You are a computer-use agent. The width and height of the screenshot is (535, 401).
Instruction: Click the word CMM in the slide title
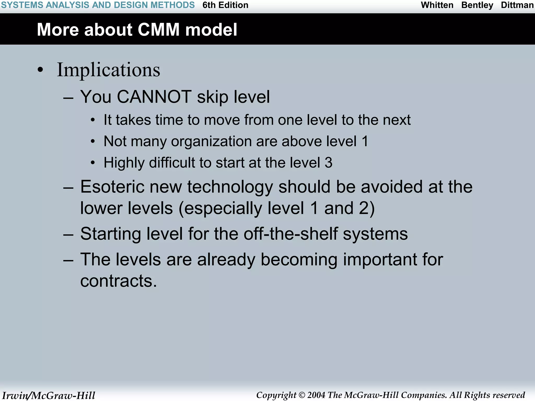(159, 30)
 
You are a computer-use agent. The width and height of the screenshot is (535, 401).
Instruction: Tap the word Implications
(108, 70)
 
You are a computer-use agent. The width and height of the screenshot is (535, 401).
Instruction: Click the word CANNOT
(154, 97)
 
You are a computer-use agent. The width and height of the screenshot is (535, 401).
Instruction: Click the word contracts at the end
(118, 281)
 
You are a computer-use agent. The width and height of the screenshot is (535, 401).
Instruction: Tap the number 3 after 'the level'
(328, 163)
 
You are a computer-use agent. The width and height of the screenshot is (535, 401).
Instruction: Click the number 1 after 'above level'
(365, 141)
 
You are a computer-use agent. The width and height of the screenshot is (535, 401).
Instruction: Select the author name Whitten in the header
(437, 5)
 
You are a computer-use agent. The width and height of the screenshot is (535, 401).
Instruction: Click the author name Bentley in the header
(477, 5)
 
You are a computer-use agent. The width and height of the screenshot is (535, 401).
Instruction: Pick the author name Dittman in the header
(517, 5)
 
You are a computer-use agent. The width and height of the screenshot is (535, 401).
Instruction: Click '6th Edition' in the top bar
(225, 5)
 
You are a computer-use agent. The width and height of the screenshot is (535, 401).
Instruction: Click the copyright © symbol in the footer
(302, 395)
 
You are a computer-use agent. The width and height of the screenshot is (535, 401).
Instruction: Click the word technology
(230, 187)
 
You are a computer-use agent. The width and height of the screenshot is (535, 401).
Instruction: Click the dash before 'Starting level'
(68, 234)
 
